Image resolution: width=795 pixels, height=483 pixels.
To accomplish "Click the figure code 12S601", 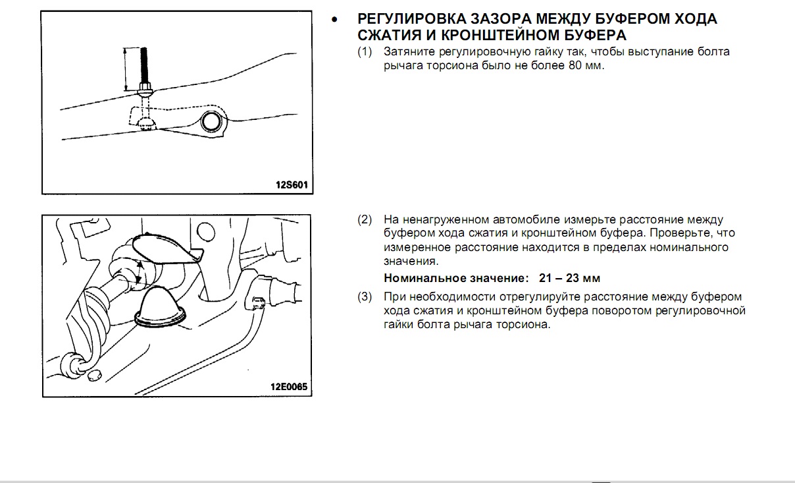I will click(x=291, y=186).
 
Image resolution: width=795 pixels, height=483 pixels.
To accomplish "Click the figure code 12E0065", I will click(x=288, y=388).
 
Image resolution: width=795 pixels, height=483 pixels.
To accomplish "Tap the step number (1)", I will click(x=365, y=51).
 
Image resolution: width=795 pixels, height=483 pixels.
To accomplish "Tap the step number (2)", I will click(x=365, y=219).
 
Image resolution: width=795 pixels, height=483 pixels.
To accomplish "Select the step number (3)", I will click(x=365, y=297).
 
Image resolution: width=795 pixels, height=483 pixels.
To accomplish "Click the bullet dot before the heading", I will click(x=336, y=20).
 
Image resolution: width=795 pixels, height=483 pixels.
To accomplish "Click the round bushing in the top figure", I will click(x=212, y=121).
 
